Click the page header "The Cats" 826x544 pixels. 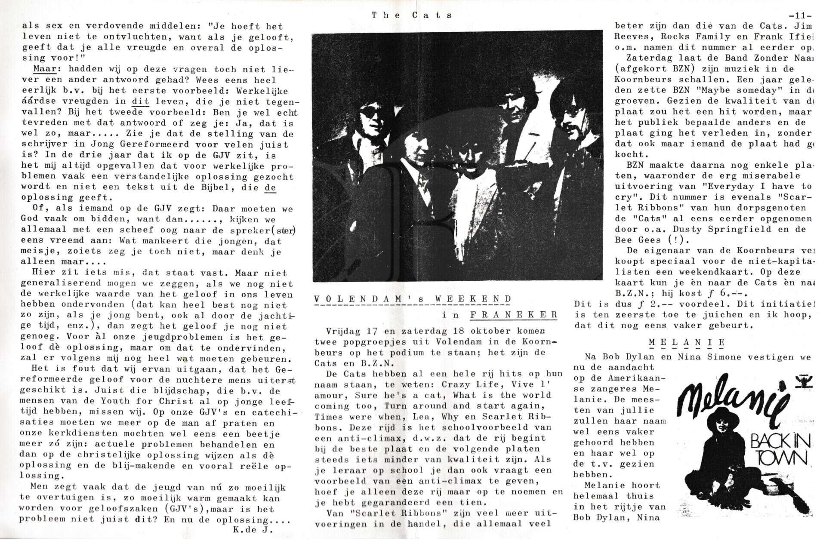pos(412,15)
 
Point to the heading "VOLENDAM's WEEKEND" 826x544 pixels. pos(413,299)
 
